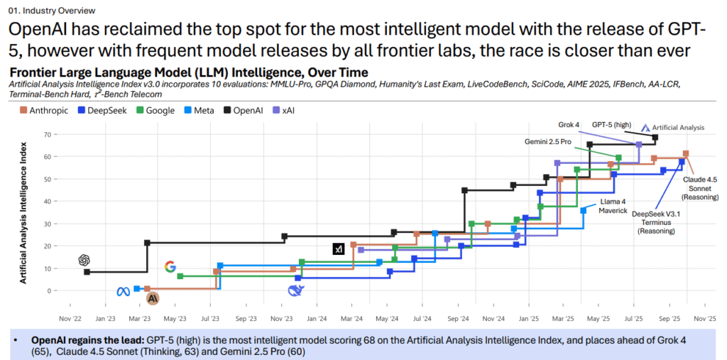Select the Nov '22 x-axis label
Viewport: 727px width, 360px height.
[71, 320]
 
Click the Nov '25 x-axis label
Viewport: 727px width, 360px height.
[704, 320]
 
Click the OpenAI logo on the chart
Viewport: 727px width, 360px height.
[84, 259]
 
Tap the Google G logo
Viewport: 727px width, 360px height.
[170, 266]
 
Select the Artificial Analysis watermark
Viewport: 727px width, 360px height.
[673, 128]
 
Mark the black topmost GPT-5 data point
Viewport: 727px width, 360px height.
[655, 137]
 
